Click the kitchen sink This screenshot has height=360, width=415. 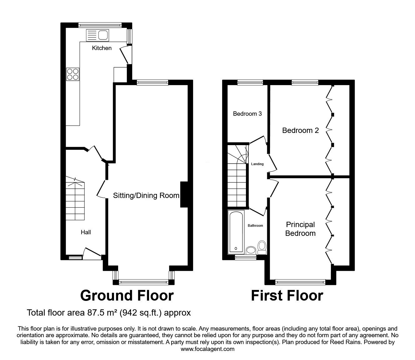point(97,35)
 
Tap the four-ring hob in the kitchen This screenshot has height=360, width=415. point(72,74)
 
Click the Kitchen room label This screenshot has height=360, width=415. point(102,48)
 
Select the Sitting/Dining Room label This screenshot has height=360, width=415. point(146,195)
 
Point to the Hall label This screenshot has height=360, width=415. point(86,232)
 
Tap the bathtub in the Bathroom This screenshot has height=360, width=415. point(236,232)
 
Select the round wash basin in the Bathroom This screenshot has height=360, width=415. point(251,250)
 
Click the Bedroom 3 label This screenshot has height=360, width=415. point(247,114)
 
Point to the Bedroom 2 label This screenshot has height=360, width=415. point(300,130)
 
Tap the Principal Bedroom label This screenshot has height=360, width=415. point(300,229)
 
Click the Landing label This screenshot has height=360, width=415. point(257,164)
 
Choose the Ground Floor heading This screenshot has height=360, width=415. point(127,296)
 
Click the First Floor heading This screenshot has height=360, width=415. point(287,296)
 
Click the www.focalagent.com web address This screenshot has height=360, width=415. point(207,349)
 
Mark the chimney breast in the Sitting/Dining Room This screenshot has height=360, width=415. point(184,194)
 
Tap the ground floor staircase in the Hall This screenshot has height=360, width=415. point(75,199)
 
